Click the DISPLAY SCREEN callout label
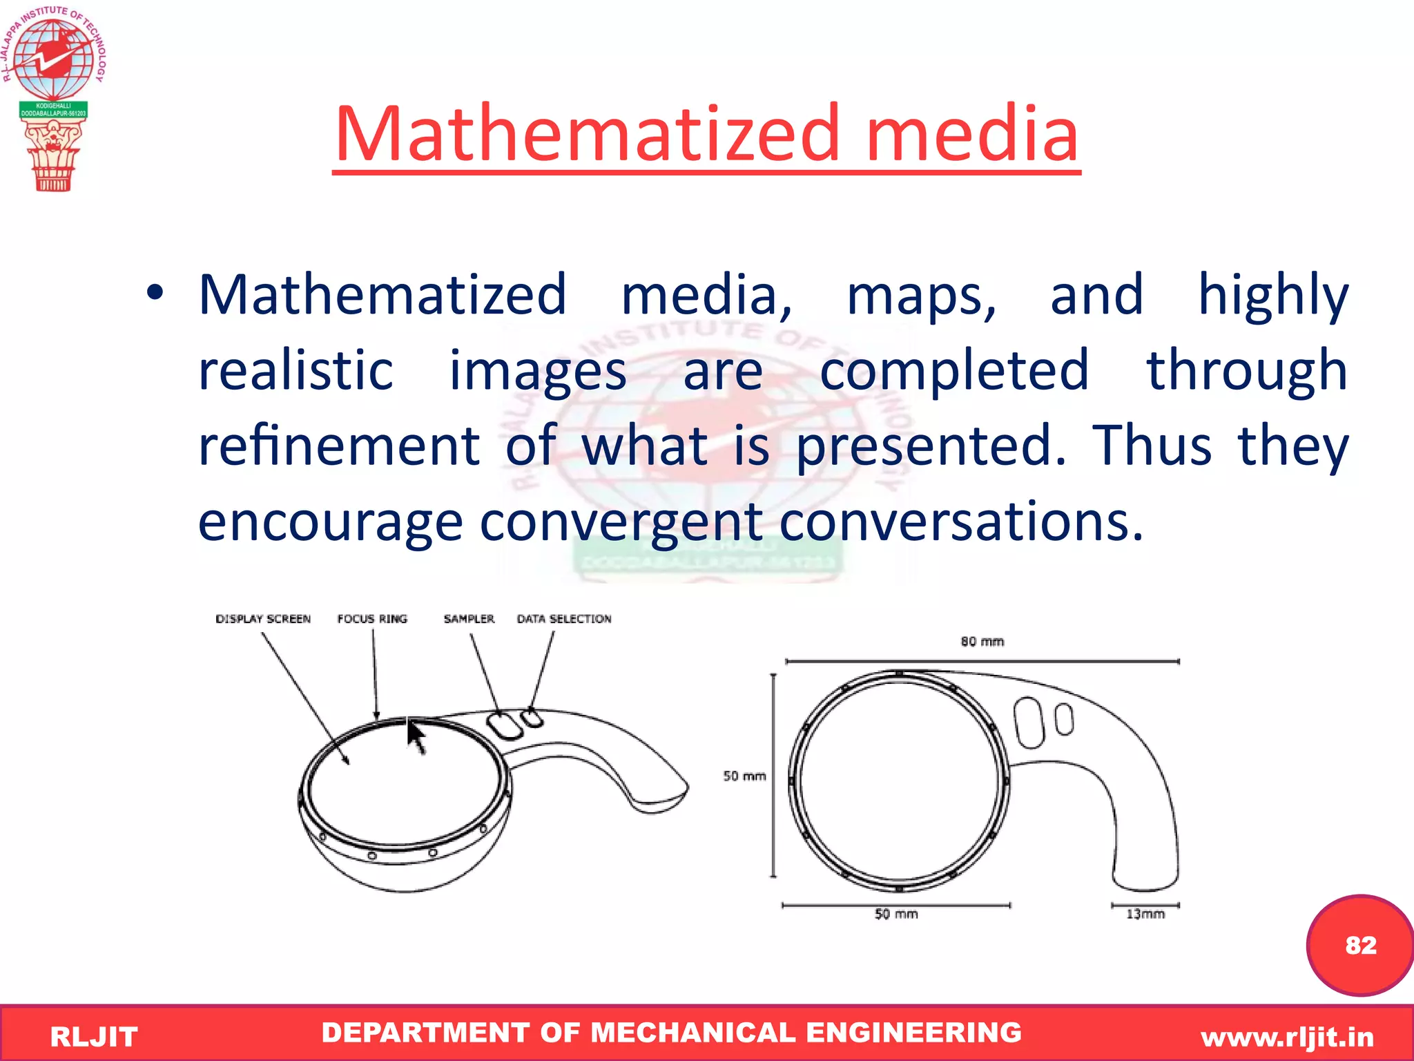pos(263,619)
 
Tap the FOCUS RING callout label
pos(372,619)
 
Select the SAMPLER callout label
pos(469,619)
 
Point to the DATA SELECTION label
pos(564,619)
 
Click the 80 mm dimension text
pos(982,642)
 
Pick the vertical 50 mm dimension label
pos(744,776)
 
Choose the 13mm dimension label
pos(1145,914)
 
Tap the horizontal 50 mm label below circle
pos(896,914)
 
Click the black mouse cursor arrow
pos(416,736)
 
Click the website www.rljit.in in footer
pos(1287,1037)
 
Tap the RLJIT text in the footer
pos(94,1037)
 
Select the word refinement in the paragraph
pos(338,446)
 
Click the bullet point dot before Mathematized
pos(155,293)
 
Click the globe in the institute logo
pos(53,59)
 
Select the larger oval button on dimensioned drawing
pos(1029,723)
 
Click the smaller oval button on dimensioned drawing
pos(1065,719)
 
